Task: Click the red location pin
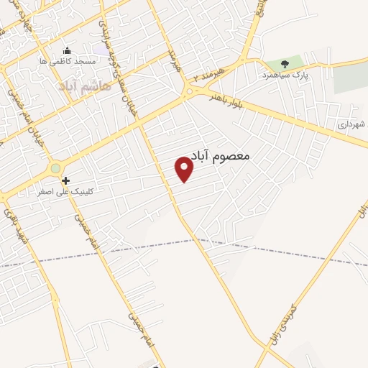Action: (x=184, y=169)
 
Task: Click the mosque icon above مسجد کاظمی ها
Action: (x=68, y=50)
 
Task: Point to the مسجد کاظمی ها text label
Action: (x=68, y=62)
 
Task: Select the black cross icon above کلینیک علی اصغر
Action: (x=65, y=180)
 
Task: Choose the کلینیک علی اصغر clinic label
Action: (x=70, y=193)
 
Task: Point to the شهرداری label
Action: (x=352, y=124)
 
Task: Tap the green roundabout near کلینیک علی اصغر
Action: (x=55, y=168)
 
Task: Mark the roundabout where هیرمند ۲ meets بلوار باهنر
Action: (x=189, y=91)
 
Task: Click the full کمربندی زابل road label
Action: (x=280, y=328)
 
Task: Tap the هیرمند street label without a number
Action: (x=173, y=60)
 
